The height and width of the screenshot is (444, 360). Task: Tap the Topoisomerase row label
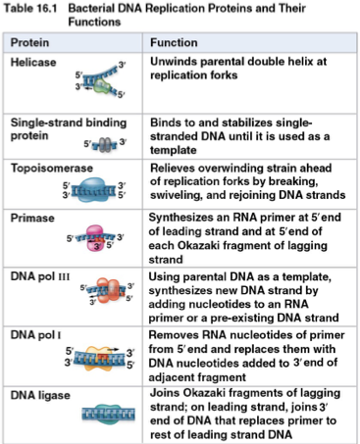pyautogui.click(x=50, y=169)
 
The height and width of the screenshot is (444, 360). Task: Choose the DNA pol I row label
pyautogui.click(x=38, y=334)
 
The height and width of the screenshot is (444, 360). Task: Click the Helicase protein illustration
pyautogui.click(x=95, y=83)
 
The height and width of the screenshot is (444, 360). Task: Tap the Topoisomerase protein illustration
pyautogui.click(x=95, y=190)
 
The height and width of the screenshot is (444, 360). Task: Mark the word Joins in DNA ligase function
pyautogui.click(x=166, y=393)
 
